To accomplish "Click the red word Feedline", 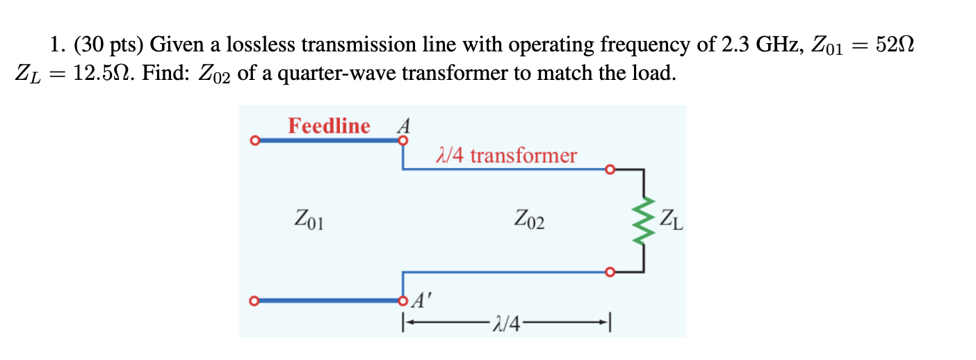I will tap(329, 126).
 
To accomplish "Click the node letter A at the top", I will tap(402, 126).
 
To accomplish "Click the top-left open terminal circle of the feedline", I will tap(254, 141).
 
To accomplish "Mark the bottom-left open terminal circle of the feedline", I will tap(254, 301).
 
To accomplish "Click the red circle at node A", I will tap(402, 141).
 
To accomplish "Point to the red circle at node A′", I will tap(402, 301).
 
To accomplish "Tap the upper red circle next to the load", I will tap(610, 169).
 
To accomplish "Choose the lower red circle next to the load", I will tap(610, 272).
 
